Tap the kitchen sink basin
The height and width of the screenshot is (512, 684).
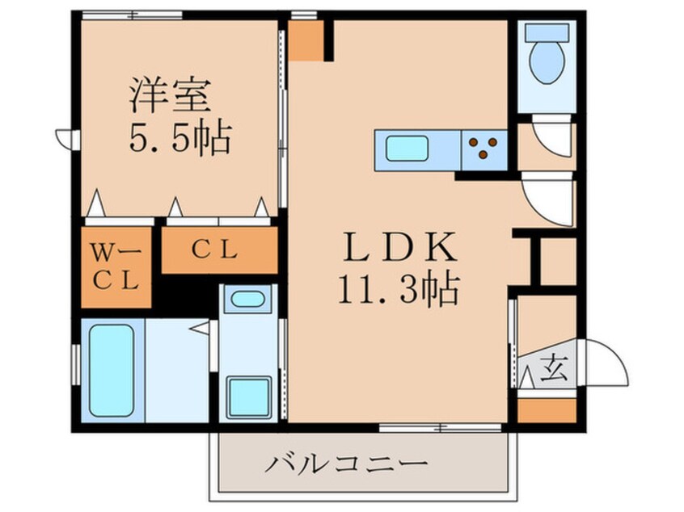407,148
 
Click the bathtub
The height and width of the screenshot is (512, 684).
112,371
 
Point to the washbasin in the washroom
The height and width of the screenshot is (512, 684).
247,299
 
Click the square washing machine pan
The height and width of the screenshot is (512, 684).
249,397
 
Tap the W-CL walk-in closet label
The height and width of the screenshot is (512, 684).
116,267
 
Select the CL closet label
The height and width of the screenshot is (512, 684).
215,250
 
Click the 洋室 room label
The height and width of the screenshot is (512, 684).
170,95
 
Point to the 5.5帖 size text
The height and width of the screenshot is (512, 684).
179,138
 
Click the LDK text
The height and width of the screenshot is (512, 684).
400,247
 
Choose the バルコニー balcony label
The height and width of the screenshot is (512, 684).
347,464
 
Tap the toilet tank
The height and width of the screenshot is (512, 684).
547,32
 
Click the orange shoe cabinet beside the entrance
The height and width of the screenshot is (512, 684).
547,410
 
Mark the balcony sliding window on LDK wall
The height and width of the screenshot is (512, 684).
441,428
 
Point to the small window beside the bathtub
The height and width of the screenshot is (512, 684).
76,365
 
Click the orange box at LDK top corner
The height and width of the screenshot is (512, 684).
306,40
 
